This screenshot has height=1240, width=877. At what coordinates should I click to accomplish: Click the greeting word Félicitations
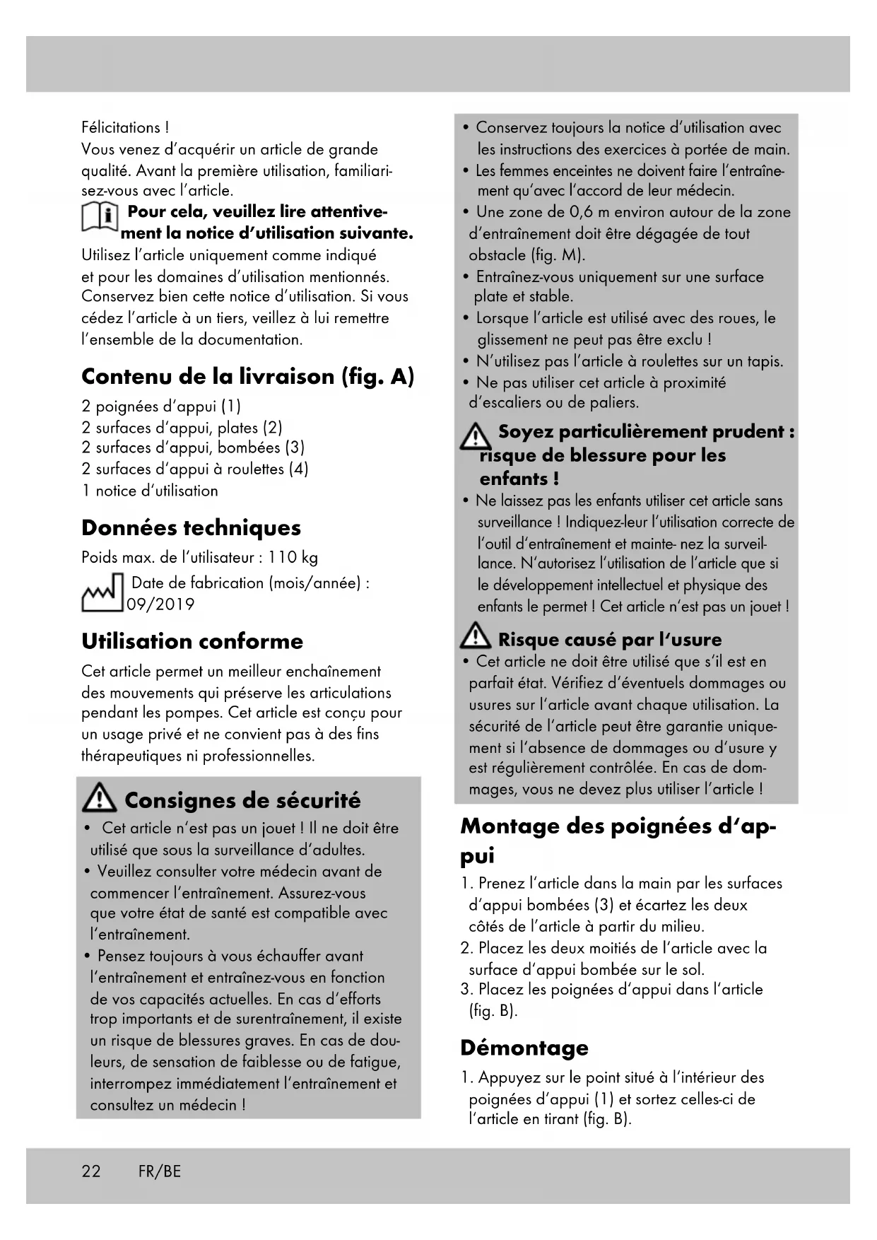(x=121, y=128)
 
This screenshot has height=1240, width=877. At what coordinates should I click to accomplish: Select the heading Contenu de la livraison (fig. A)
(x=247, y=376)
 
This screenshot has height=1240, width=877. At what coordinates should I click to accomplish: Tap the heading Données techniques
(x=191, y=527)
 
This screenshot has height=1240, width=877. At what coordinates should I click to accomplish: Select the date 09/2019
(x=160, y=604)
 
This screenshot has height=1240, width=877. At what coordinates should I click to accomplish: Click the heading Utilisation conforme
(x=192, y=641)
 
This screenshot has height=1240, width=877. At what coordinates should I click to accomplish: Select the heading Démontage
(x=524, y=1047)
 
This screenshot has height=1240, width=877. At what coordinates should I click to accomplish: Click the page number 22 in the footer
(x=91, y=1171)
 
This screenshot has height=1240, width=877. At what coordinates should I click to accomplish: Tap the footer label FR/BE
(x=160, y=1171)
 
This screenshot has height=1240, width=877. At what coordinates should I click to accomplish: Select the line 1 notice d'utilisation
(x=150, y=491)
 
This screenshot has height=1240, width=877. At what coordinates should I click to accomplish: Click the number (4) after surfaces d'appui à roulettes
(x=299, y=469)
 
